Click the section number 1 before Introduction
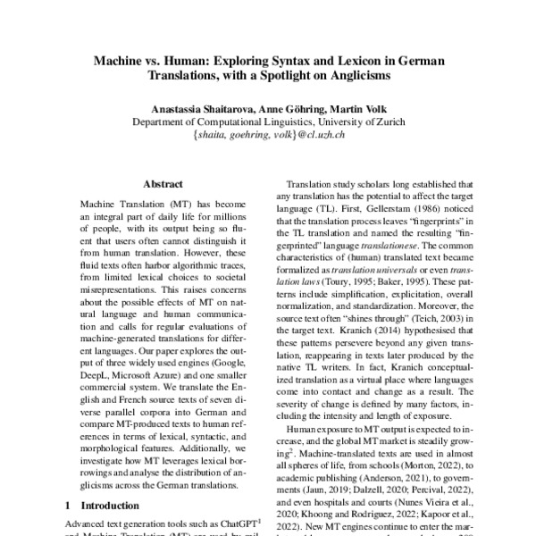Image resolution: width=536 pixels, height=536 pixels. (x=71, y=505)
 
